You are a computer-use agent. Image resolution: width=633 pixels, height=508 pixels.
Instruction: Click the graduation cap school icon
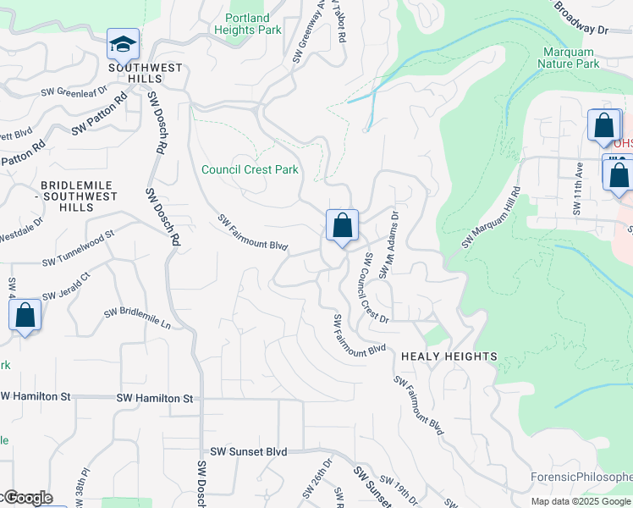(x=123, y=43)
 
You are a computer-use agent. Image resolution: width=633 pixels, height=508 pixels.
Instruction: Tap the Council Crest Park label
(x=250, y=169)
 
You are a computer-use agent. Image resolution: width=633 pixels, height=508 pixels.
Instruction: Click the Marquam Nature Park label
(x=571, y=58)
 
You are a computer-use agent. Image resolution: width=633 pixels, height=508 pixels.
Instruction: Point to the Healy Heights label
(x=449, y=356)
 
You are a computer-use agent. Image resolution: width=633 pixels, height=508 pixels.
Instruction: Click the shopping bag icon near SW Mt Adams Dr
(x=342, y=226)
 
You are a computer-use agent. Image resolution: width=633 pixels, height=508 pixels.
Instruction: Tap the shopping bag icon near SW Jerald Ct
(x=25, y=316)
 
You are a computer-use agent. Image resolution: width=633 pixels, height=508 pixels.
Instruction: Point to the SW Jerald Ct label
(x=63, y=284)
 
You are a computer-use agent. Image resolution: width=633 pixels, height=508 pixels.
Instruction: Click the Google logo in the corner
(x=27, y=498)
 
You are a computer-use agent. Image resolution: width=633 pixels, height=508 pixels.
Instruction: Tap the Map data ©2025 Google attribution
(x=581, y=501)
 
